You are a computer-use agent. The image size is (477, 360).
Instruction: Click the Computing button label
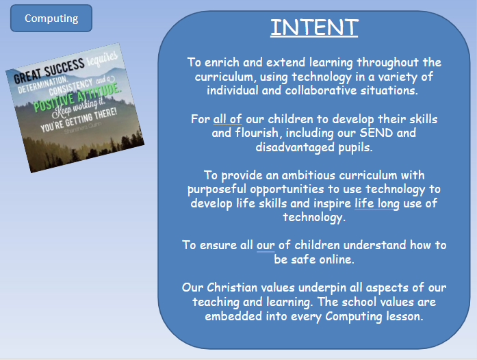51,18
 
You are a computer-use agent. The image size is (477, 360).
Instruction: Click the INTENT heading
314,27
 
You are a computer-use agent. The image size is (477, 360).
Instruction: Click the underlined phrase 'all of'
227,119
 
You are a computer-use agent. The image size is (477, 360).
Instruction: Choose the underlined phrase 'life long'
377,203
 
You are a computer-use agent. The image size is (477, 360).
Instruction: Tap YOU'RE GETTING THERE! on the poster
79,120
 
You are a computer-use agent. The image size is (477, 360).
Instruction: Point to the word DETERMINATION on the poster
42,84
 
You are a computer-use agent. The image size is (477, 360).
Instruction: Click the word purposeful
217,190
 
